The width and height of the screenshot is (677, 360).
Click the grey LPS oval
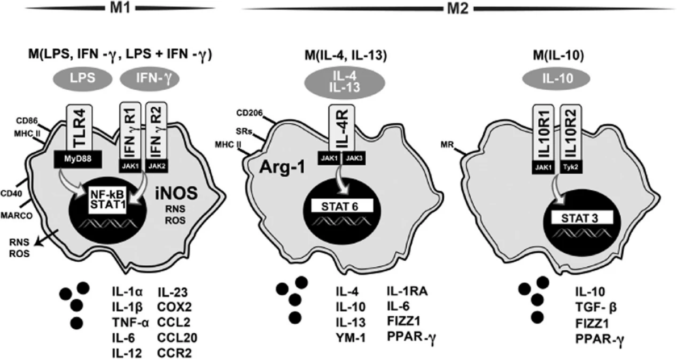point(82,79)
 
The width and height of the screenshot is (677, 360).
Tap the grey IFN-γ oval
point(149,79)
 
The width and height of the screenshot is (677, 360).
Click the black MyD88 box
point(81,160)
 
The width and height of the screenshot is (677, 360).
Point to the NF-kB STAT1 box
point(107,200)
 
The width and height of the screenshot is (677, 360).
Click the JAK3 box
point(355,158)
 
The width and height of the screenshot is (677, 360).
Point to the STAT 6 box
point(341,206)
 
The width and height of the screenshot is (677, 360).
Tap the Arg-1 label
point(282,168)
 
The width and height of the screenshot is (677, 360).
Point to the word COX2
point(174,307)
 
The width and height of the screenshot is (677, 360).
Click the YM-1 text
point(350,338)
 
